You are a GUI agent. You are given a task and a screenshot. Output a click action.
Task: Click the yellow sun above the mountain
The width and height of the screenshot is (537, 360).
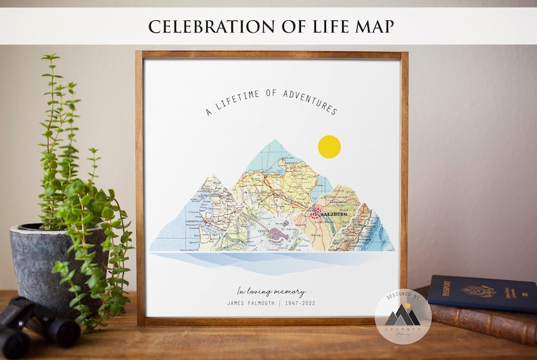tap(329, 147)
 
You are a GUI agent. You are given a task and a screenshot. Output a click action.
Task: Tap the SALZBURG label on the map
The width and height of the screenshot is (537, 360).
tap(333, 214)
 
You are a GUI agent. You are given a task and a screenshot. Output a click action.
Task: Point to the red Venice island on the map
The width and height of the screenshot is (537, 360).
tap(277, 236)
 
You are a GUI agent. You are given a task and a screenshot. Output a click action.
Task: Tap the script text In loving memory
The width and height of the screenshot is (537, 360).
tap(271, 292)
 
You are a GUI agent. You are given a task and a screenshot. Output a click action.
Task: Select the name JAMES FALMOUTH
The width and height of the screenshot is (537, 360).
tap(254, 303)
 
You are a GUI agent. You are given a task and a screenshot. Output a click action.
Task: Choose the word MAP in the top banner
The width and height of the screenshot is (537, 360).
tap(375, 26)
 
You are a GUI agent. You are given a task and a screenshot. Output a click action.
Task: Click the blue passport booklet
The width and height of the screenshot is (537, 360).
tap(482, 293)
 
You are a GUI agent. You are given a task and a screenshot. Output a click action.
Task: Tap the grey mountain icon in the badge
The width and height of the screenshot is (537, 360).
tap(404, 315)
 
